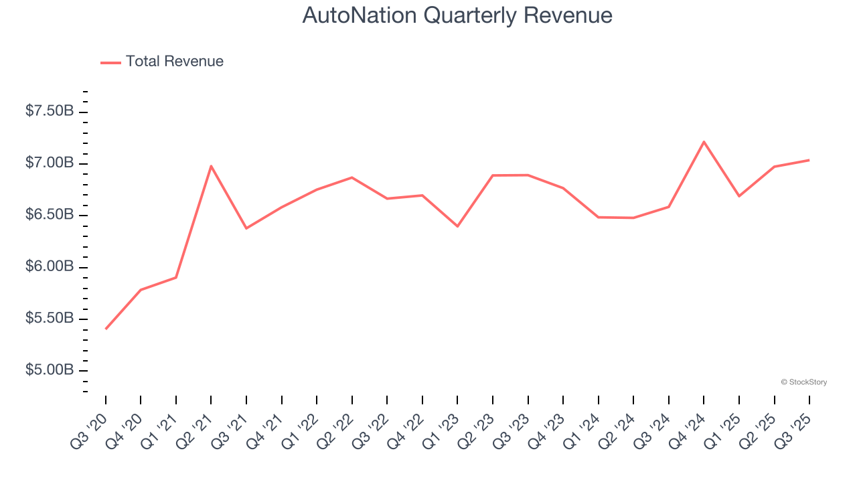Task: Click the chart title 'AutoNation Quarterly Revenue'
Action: point(457,15)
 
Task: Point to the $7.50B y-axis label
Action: point(49,111)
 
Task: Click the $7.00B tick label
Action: point(49,163)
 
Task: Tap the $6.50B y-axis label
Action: point(49,215)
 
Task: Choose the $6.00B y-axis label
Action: point(49,266)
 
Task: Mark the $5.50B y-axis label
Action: point(49,318)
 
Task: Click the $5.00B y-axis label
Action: point(49,370)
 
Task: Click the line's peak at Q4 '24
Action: point(704,142)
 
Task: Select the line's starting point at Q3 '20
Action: point(106,329)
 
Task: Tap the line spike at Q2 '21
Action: point(211,166)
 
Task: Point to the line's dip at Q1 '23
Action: point(457,226)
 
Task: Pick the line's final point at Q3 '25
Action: point(809,160)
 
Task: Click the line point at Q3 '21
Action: point(246,228)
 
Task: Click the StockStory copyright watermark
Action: point(803,382)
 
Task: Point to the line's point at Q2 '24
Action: point(633,218)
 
